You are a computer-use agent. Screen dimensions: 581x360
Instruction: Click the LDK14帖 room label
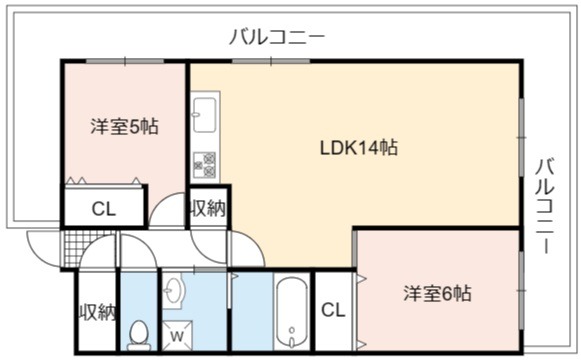coord(359,148)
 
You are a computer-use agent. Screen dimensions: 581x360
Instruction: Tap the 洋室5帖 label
coord(124,126)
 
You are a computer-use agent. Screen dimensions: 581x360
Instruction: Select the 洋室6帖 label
coord(438,293)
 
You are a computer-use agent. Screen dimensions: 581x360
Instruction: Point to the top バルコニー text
coord(277,37)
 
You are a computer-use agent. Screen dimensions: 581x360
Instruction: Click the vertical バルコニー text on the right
coord(545,206)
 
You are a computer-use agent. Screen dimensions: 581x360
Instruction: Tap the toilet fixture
coord(139,336)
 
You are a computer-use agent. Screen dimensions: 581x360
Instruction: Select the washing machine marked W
coord(177,336)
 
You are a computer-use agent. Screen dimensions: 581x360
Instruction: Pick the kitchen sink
coord(205,115)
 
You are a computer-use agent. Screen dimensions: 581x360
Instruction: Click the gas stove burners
coord(205,164)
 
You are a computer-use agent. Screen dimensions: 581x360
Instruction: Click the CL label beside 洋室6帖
coord(333,310)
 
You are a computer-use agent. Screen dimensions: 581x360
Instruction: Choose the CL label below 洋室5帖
coord(104,209)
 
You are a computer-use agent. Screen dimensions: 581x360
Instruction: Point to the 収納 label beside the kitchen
coord(208,209)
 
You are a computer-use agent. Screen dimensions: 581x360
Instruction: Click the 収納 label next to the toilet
coord(98,312)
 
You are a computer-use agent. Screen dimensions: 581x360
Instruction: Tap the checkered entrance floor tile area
coord(88,248)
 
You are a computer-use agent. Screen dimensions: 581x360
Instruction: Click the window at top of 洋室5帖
coord(125,61)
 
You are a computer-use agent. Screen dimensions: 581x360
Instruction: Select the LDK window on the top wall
coord(271,61)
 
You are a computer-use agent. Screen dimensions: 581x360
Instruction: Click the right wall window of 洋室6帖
coord(521,290)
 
